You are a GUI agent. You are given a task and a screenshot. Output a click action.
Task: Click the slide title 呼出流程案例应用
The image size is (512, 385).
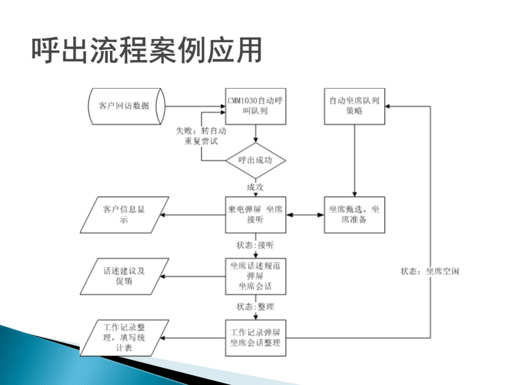147,50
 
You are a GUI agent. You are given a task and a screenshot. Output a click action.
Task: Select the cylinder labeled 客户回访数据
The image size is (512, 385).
127,106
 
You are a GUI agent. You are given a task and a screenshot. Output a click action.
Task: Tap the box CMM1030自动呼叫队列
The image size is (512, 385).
255,106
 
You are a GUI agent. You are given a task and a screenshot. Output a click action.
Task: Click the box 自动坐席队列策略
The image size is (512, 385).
355,106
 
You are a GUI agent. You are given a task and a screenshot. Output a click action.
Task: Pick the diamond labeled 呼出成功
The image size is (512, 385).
255,161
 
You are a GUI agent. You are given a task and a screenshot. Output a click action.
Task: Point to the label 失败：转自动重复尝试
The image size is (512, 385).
201,136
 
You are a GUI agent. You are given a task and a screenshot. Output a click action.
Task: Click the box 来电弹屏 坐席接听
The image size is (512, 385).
255,215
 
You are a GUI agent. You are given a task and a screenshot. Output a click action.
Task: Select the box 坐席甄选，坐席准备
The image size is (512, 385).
355,215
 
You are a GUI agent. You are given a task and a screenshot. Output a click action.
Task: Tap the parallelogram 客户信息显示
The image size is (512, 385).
124,215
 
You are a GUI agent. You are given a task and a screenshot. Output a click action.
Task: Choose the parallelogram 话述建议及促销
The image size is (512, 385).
124,276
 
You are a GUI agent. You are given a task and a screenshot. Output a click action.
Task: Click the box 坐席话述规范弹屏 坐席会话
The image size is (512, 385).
255,276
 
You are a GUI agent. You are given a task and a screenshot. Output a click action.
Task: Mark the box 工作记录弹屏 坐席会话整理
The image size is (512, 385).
255,338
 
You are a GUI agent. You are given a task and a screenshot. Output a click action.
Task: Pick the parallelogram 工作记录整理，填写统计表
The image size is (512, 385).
124,338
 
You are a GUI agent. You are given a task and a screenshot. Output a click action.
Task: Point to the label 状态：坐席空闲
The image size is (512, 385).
430,271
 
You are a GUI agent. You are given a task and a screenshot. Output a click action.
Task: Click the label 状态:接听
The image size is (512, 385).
255,245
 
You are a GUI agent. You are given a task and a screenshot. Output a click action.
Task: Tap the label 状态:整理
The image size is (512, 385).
255,307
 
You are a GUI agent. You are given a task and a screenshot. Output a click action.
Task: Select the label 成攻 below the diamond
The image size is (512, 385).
255,187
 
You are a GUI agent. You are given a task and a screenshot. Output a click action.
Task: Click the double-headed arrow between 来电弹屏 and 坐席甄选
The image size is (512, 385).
305,215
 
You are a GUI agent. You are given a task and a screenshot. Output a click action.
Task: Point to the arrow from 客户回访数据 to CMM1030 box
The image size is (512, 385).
195,106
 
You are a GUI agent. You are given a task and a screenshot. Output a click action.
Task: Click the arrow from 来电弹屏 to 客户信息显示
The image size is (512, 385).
192,215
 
